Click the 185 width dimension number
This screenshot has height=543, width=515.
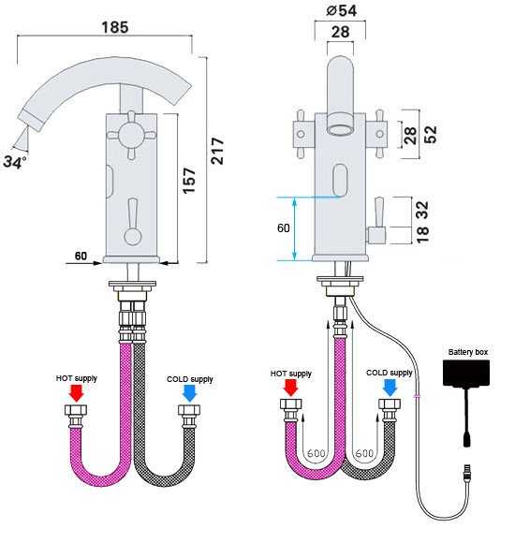(x=115, y=27)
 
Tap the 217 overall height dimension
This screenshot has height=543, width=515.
(x=218, y=151)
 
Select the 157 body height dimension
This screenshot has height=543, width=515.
(x=189, y=181)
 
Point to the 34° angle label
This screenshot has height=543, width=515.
(x=15, y=162)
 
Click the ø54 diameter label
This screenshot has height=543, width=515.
(x=342, y=10)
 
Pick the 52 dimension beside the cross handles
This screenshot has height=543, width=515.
(x=431, y=135)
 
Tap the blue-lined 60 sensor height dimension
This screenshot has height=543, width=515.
(x=284, y=227)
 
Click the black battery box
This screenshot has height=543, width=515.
(x=466, y=373)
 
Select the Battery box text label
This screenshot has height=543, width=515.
(x=468, y=352)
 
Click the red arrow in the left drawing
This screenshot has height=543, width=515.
(x=76, y=393)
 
